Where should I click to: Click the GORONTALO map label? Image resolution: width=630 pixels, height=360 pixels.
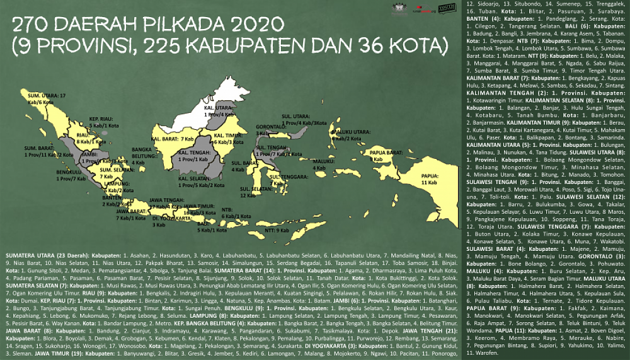(270, 129)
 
